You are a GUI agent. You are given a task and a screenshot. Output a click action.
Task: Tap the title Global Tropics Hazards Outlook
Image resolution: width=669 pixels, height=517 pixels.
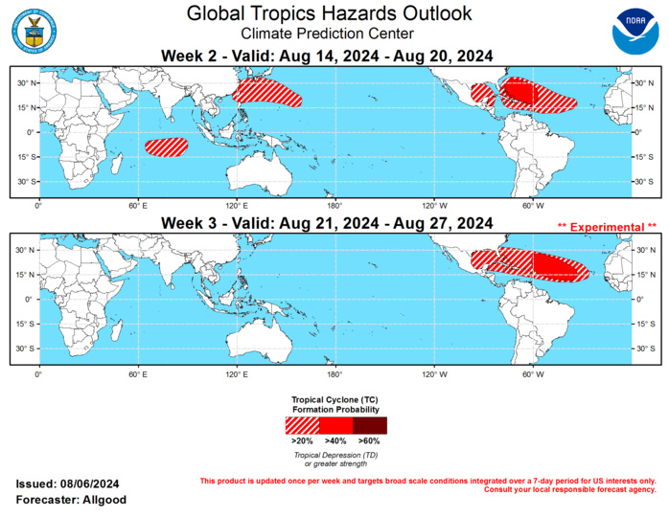tap(329, 13)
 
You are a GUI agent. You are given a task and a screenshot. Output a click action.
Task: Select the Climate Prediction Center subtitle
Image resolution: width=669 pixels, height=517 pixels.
tap(329, 34)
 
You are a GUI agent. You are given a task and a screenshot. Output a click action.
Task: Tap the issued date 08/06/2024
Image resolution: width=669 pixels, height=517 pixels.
tap(91, 484)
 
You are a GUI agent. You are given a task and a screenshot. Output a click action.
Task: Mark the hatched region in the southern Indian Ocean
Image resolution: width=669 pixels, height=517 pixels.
tap(167, 146)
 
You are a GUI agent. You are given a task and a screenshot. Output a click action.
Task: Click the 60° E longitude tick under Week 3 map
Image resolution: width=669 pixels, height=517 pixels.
tap(139, 372)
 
